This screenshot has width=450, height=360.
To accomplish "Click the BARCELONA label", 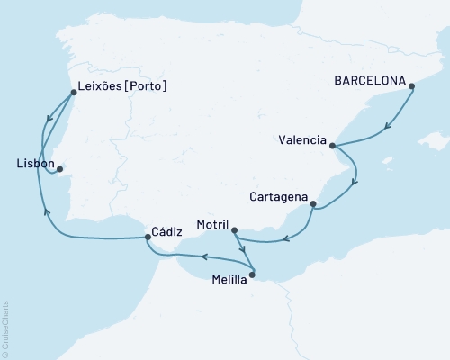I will tap(368, 80).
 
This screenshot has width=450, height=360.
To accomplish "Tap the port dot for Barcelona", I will tap(411, 87).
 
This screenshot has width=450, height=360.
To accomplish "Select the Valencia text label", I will tap(302, 140).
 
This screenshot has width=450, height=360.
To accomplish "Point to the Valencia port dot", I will tap(333, 146).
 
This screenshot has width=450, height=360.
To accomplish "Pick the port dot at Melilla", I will tap(253, 274).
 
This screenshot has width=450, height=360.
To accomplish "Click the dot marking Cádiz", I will tap(148, 238).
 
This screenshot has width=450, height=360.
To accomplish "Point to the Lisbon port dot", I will tap(59, 168).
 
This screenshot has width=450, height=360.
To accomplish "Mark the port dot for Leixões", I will tap(72, 91).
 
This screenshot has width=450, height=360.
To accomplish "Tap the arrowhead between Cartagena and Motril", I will tap(284, 238).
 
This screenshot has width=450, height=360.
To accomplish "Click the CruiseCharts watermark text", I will tap(5, 328).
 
